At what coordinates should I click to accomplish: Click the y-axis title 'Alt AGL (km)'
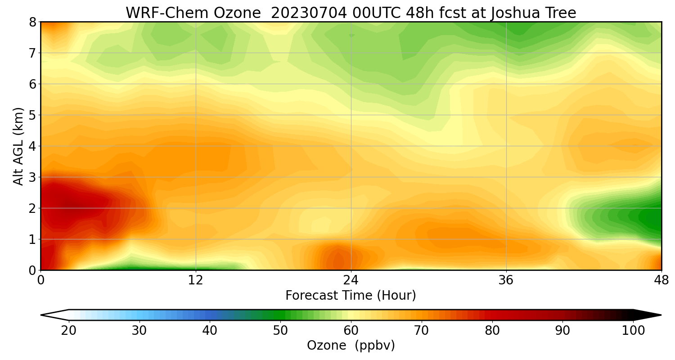[x=18, y=146]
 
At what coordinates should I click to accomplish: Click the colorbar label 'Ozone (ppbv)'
[x=351, y=345]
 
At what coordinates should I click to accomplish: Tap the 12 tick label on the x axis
[x=196, y=280]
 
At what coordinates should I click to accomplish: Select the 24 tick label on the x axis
[x=351, y=280]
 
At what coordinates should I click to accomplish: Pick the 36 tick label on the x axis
[x=506, y=280]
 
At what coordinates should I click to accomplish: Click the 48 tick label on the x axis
[x=661, y=280]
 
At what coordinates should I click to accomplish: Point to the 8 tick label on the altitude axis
[x=33, y=22]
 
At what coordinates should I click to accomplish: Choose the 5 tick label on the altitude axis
[x=33, y=115]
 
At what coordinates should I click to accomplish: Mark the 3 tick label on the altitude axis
[x=33, y=177]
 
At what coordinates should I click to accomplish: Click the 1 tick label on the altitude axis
[x=33, y=239]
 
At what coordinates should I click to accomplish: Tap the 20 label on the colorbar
[x=68, y=331]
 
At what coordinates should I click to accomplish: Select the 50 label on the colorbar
[x=280, y=331]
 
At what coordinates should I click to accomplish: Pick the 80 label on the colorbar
[x=492, y=331]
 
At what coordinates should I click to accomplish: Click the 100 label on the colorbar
[x=633, y=331]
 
